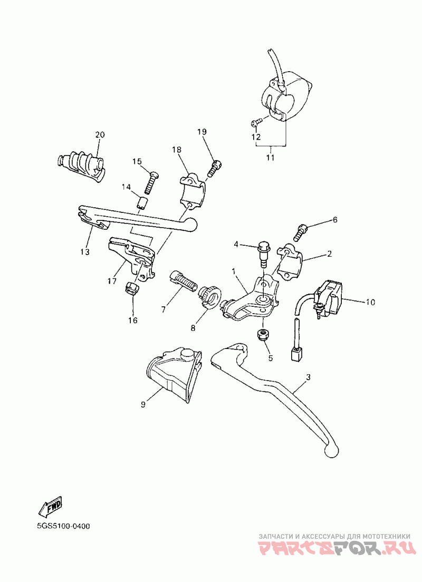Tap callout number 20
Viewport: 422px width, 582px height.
tap(100, 134)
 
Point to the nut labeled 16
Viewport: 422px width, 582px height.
tap(132, 288)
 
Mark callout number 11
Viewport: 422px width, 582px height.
tap(271, 158)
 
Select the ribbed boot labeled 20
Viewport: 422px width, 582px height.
tap(81, 166)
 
